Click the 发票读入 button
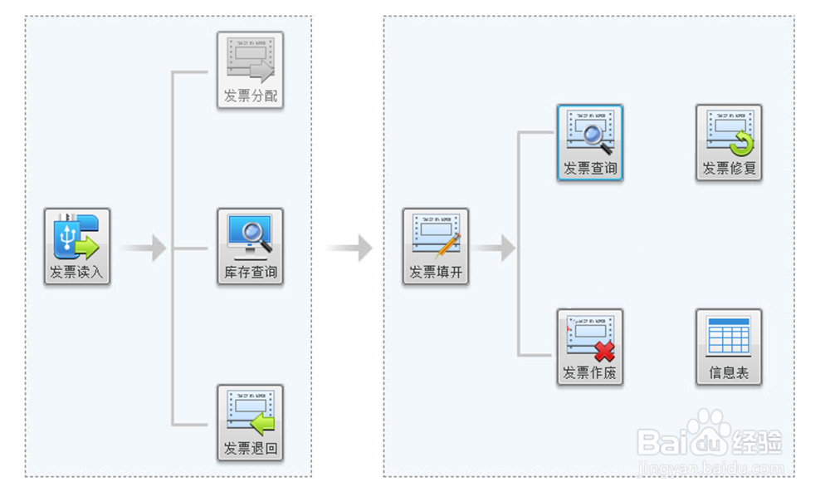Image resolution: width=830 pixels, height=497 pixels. (x=77, y=247)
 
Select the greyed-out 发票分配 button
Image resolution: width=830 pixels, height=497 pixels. (x=250, y=71)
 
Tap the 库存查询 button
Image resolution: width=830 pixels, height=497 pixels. (x=250, y=247)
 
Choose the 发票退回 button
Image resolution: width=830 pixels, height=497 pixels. (x=250, y=423)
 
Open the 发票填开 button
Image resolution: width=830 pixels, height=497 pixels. (x=436, y=247)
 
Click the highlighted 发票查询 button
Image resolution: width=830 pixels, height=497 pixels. (x=589, y=143)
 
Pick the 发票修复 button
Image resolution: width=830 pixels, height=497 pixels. (x=729, y=143)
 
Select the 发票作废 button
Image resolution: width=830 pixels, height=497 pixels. (x=589, y=347)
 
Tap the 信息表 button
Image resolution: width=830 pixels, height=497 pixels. (x=729, y=347)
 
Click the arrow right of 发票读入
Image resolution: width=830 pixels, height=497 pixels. (x=144, y=248)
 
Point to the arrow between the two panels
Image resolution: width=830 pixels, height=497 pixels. (x=349, y=248)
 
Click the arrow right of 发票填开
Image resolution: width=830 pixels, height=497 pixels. (x=496, y=248)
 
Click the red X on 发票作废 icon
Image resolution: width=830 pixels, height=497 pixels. (x=604, y=352)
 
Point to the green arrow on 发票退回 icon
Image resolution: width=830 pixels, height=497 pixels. (x=263, y=426)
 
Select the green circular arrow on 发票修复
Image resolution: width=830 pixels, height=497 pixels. (x=740, y=146)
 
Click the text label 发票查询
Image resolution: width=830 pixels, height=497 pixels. (x=589, y=169)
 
